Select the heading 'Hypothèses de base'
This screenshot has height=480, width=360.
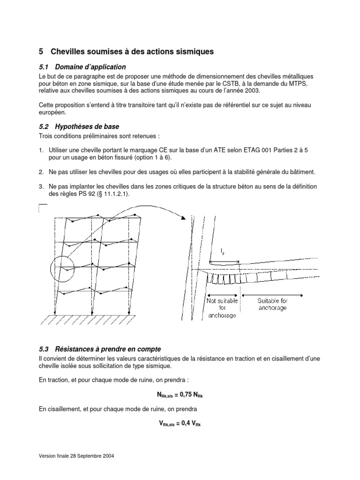(87, 127)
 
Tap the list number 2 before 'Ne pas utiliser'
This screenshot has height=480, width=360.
(41, 172)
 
